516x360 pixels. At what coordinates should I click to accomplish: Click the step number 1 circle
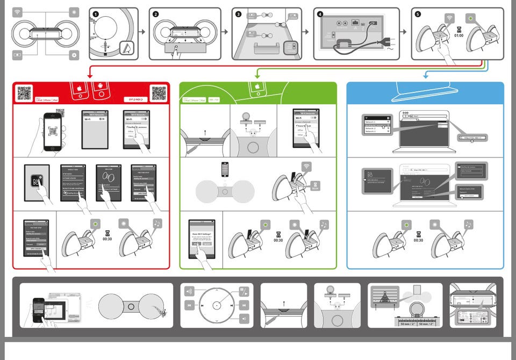coord(96,15)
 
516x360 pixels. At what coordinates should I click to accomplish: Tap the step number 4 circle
coord(321,15)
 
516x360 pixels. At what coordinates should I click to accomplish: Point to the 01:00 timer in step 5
coord(458,36)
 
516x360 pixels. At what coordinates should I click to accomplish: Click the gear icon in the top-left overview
coord(74,54)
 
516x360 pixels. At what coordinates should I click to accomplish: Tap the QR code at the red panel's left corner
coord(24,93)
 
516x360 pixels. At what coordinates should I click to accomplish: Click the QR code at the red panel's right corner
coord(159,93)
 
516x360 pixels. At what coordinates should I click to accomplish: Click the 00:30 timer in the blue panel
coord(418,240)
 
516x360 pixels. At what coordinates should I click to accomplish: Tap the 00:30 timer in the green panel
coord(278,240)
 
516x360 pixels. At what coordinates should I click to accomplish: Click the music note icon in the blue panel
coord(468,224)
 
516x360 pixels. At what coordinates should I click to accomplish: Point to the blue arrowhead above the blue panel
coord(426,78)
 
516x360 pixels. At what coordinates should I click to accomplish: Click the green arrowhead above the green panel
coord(256,78)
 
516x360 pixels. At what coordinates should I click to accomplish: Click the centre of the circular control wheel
coord(217,305)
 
